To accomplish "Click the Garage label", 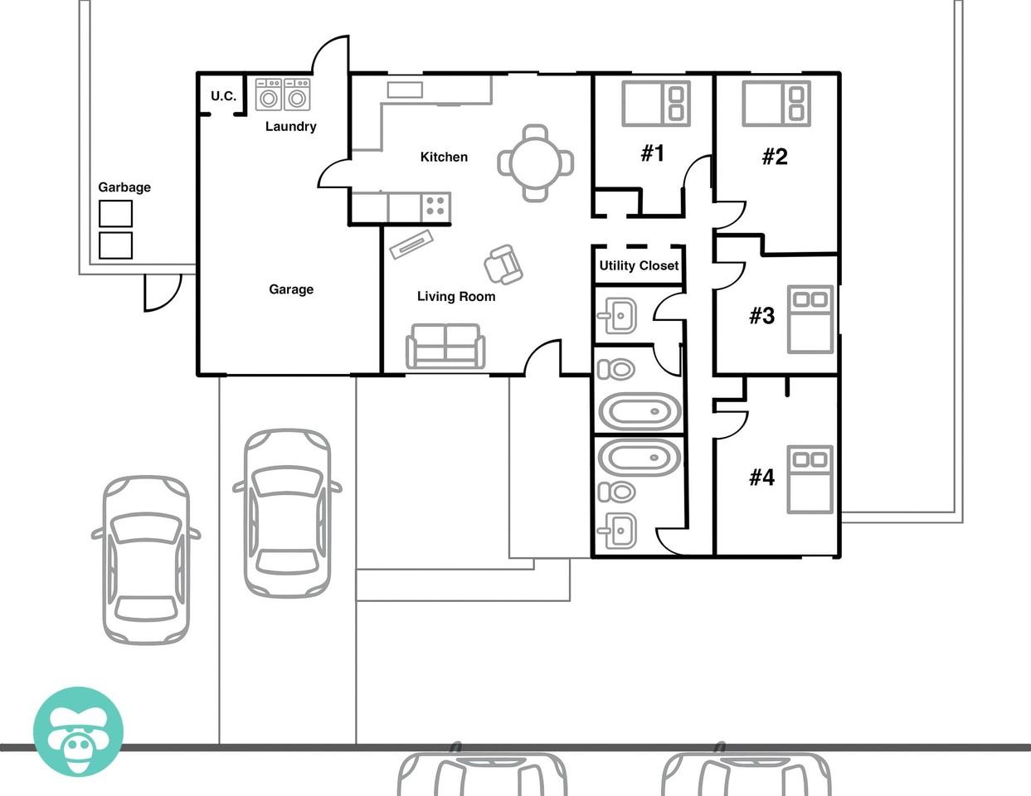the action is coord(291,289).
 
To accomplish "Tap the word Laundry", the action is coord(291,127).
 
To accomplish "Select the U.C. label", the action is coord(223,96).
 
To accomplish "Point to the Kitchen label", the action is coord(444,157).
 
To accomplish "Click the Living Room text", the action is coord(456,296).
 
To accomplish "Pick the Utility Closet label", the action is coord(639,265).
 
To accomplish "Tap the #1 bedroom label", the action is coord(653,153).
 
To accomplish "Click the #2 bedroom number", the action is coord(775,157).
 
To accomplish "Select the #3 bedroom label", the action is coord(762,316).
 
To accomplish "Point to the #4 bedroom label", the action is coord(762,478).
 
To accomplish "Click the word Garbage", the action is coord(124,187).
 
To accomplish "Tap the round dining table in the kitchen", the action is coord(536,163).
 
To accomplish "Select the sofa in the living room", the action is coord(445,346).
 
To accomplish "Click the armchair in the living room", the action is coord(503,265).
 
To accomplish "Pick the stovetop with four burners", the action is coord(435,206).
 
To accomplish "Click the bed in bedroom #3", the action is coord(810,319).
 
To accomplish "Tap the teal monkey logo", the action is coord(78,732).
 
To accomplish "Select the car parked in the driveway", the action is coord(287,513).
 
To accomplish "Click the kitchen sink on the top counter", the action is coord(405,90).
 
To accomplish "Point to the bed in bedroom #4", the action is coord(810,480).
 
